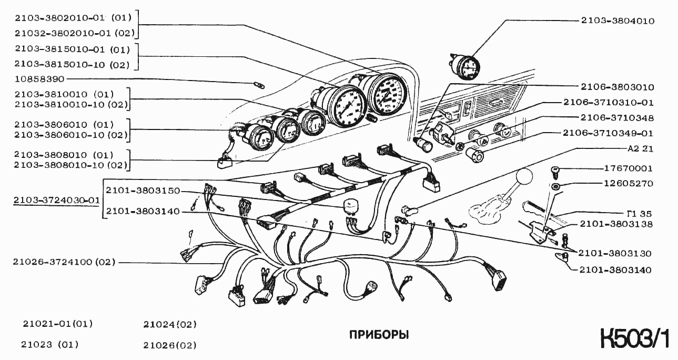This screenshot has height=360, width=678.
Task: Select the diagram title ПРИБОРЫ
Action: (x=379, y=335)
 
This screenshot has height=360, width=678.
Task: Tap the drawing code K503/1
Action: (x=635, y=339)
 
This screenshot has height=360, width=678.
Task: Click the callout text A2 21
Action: (x=640, y=148)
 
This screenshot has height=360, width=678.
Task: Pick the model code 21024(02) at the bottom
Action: (x=170, y=324)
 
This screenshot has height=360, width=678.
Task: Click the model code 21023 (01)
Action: (x=50, y=345)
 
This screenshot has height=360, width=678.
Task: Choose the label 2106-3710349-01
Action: (x=608, y=134)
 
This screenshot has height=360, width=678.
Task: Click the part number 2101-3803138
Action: (x=616, y=224)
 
